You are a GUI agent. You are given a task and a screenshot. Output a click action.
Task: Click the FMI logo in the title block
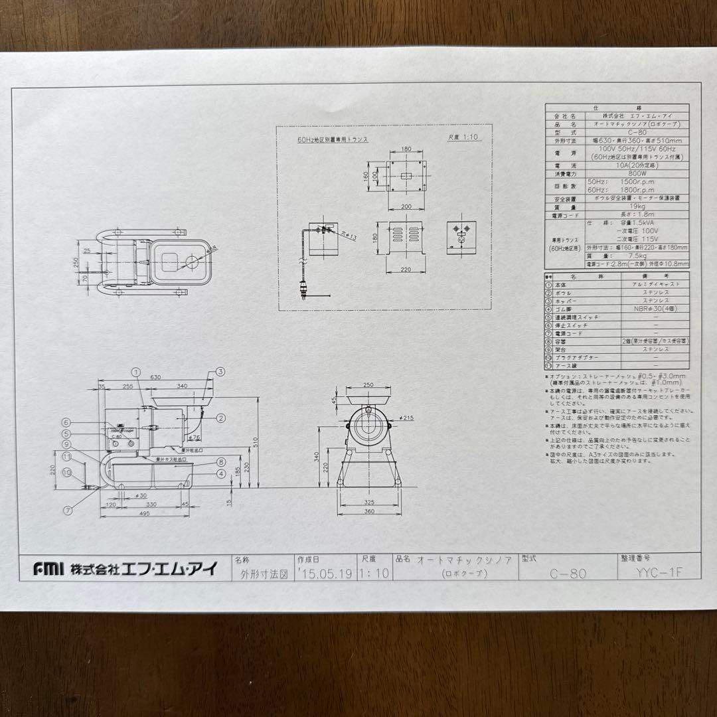coord(48,569)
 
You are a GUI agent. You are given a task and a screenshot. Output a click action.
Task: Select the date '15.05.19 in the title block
coord(325,574)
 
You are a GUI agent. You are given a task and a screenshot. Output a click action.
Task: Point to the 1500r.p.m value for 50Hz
coord(622,182)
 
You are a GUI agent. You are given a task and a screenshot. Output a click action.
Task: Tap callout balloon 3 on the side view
coord(220,372)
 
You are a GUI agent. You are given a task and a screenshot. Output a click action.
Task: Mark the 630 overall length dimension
coord(155,376)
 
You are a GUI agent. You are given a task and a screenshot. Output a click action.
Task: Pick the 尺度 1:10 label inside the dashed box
coord(463,138)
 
